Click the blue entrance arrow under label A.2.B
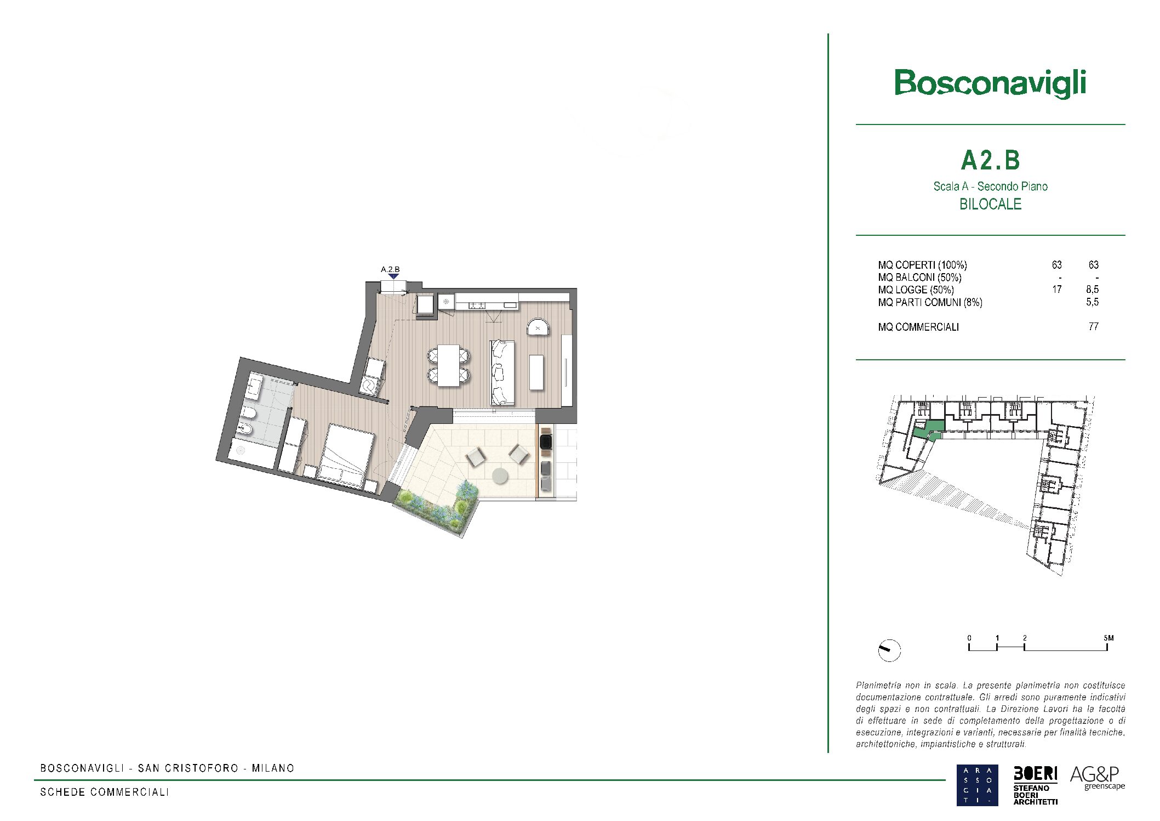point(393,276)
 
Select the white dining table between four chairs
point(448,365)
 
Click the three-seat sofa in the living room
point(502,372)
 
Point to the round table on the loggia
point(500,476)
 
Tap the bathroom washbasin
point(254,386)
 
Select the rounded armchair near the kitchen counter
point(538,327)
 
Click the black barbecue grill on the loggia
point(546,442)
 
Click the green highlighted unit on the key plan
point(928,431)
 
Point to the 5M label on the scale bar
point(1108,638)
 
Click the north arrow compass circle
point(889,650)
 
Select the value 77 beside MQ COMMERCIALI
point(1093,327)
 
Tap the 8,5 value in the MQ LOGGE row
point(1092,290)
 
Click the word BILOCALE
point(990,204)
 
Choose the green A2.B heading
point(990,160)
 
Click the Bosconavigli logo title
point(990,84)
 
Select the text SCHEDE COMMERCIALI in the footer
point(105,792)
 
